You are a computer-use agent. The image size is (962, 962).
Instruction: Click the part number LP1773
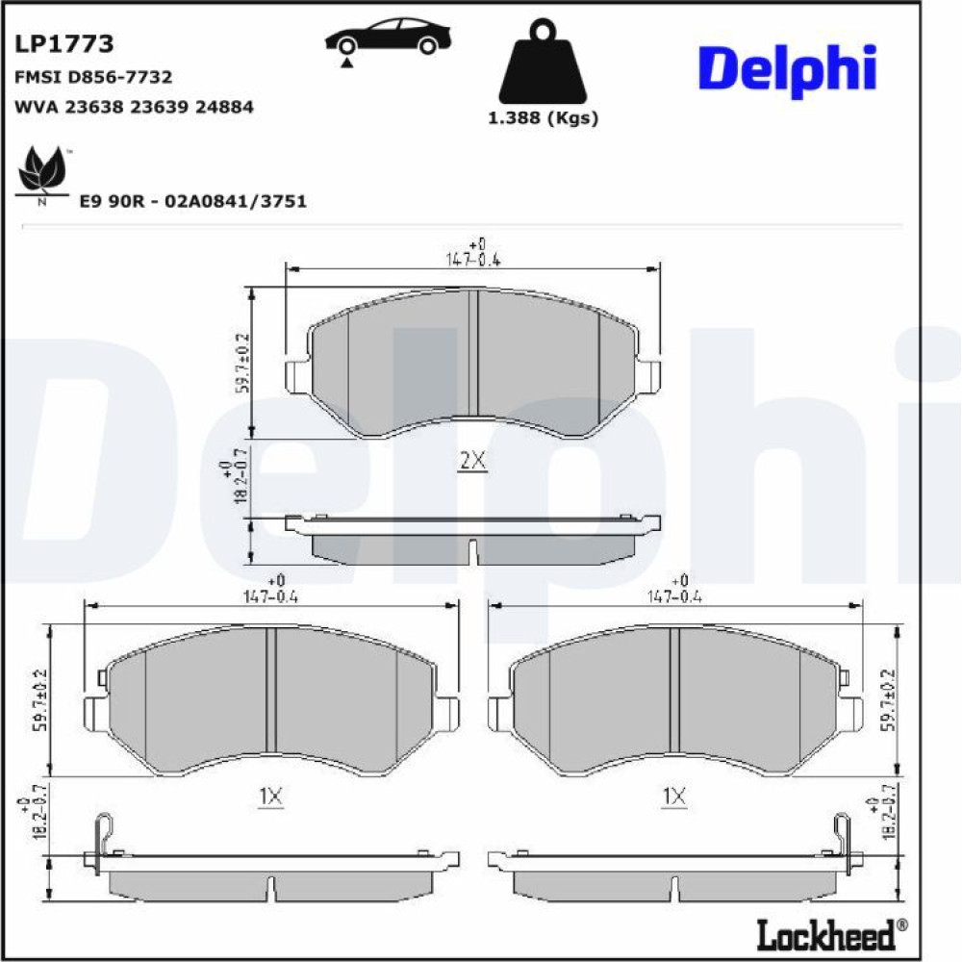[x=63, y=43]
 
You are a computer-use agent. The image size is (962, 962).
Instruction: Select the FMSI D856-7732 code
[x=93, y=77]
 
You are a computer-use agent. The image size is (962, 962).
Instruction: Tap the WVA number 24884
[x=224, y=107]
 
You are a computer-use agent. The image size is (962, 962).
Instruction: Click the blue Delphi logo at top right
[x=787, y=70]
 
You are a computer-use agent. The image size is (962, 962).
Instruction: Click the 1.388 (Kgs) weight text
[x=543, y=117]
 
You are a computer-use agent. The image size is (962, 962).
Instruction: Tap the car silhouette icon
[x=388, y=39]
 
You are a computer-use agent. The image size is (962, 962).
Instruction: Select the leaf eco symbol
[x=41, y=172]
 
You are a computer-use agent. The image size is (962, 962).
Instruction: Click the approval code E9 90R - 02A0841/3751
[x=193, y=201]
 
